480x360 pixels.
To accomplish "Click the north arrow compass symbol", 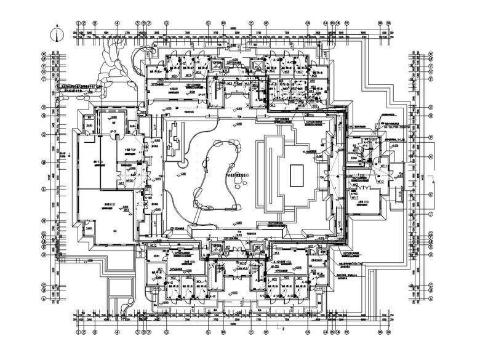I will point(56,34).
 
